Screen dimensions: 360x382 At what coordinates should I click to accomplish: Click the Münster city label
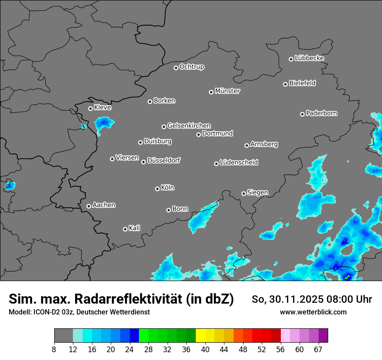[x=227, y=91]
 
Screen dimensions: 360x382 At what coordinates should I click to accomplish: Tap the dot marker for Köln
[x=157, y=189]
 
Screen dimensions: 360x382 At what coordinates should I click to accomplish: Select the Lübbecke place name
[x=309, y=58]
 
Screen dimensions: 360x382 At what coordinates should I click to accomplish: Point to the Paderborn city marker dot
[x=302, y=114]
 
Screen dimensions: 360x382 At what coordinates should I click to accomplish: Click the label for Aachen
[x=104, y=205]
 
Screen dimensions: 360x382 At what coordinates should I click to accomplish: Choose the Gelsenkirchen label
[x=189, y=126]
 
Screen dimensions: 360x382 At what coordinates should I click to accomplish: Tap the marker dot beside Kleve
[x=90, y=108]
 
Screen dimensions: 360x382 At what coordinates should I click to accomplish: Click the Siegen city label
[x=257, y=193]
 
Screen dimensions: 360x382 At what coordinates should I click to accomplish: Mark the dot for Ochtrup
[x=176, y=68]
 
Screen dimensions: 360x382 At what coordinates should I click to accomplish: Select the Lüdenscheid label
[x=239, y=163]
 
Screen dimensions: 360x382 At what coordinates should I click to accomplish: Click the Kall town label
[x=135, y=228]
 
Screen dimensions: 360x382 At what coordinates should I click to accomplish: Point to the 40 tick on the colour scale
[x=205, y=349]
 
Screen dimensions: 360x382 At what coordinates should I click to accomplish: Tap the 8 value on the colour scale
[x=54, y=349]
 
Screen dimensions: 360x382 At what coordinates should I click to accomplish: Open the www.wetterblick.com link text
[x=313, y=312]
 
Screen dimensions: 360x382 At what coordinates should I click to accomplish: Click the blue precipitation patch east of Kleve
[x=104, y=124]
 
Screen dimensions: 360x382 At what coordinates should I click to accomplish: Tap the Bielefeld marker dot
[x=285, y=84]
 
